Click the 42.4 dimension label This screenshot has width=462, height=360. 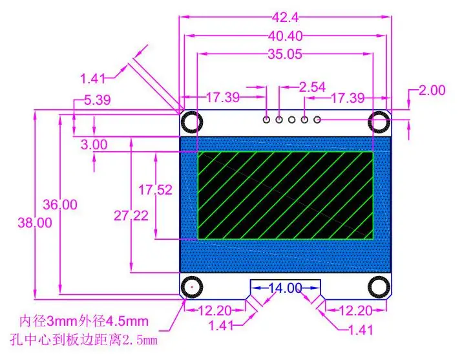tap(285, 17)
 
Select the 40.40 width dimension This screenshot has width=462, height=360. tap(285, 36)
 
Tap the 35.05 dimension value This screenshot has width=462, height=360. tap(285, 54)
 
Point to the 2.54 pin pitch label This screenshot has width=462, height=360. tap(312, 87)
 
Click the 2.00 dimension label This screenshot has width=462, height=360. tap(432, 90)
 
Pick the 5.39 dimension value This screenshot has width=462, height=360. tap(98, 100)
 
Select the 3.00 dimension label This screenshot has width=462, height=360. tap(94, 145)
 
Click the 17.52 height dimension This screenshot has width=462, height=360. tap(155, 190)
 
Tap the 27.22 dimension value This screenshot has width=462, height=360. tap(131, 216)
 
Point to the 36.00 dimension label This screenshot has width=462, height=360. tap(60, 204)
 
